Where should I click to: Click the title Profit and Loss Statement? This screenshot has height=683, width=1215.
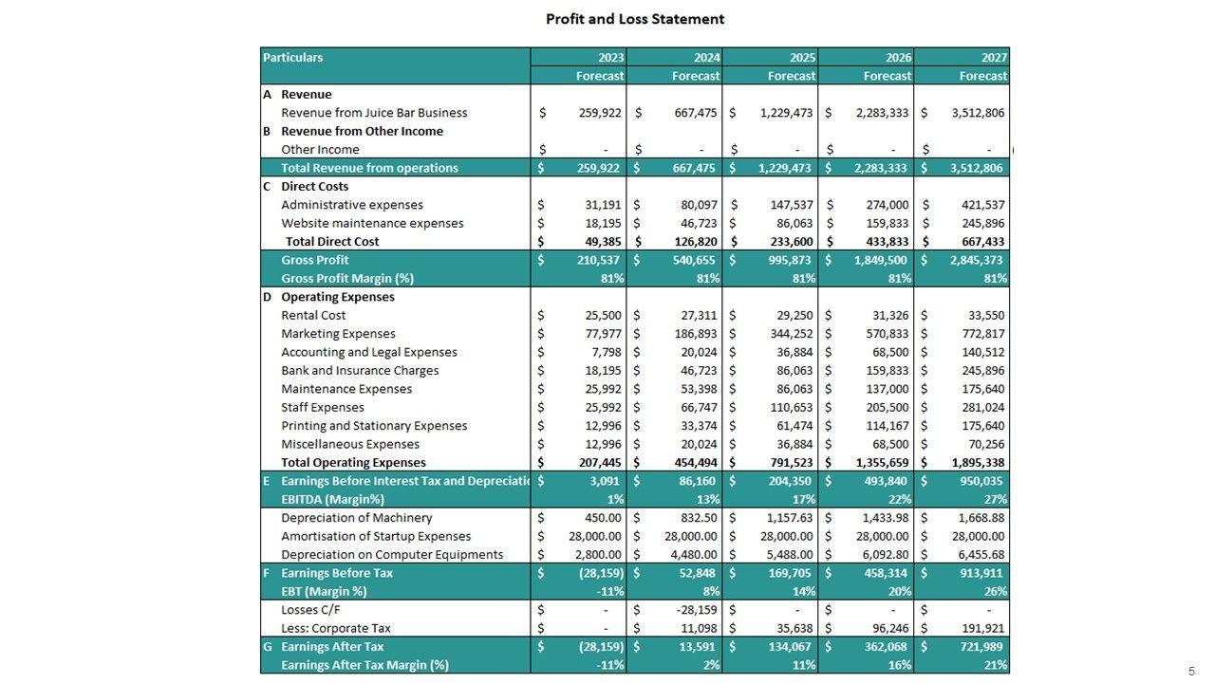pos(634,19)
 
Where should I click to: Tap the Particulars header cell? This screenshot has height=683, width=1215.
pos(293,57)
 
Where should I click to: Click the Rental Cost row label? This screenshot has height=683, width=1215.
pos(313,315)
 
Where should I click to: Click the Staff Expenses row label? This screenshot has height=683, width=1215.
pos(322,407)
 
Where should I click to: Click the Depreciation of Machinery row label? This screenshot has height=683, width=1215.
pos(356,518)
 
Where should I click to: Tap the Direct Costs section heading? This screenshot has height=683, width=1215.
pos(314,187)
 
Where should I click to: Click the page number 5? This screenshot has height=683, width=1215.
pos(1191,671)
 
